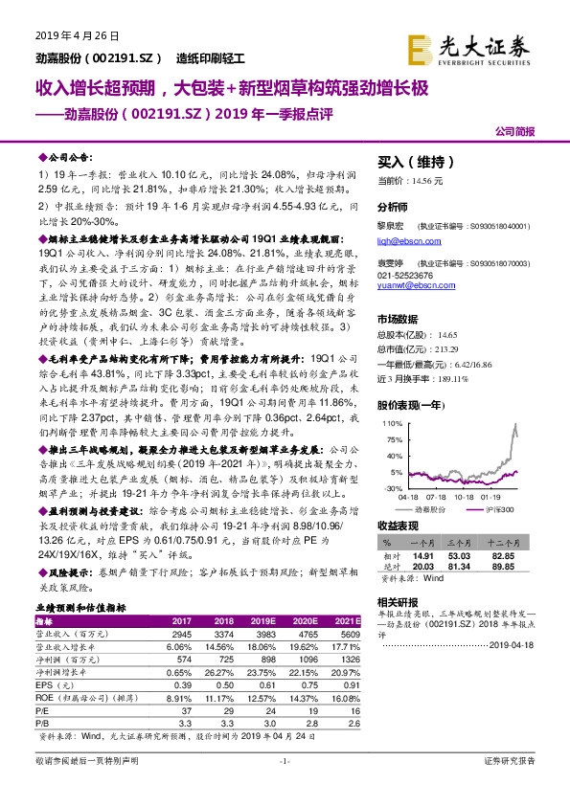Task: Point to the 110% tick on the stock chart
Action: click(391, 422)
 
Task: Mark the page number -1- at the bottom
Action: click(285, 787)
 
